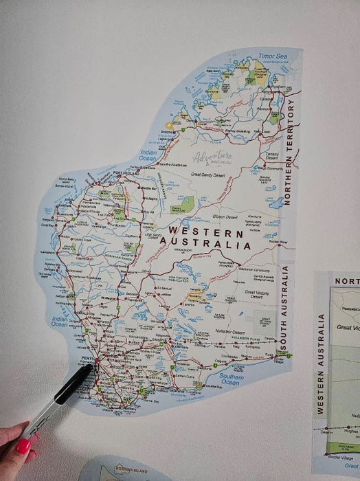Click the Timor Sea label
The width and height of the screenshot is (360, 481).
[273, 56]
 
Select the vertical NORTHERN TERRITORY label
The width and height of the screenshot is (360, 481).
[289, 152]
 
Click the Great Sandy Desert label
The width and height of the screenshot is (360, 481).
[209, 175]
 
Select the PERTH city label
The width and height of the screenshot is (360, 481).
[87, 359]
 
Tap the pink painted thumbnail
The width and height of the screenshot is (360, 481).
[24, 447]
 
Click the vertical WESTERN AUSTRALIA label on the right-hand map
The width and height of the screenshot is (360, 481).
[321, 364]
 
